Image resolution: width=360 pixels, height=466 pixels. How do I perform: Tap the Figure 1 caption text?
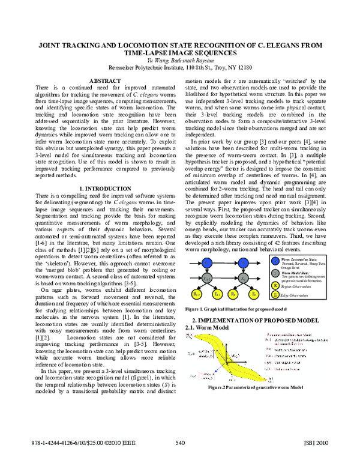[229, 309]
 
